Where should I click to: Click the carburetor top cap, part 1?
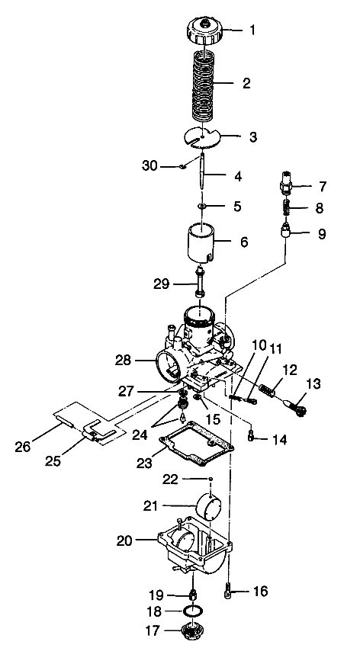[x=203, y=32]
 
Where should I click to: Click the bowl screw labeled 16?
[x=227, y=590]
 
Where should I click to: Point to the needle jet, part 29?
[x=200, y=283]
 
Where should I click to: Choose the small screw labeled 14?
[x=252, y=436]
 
